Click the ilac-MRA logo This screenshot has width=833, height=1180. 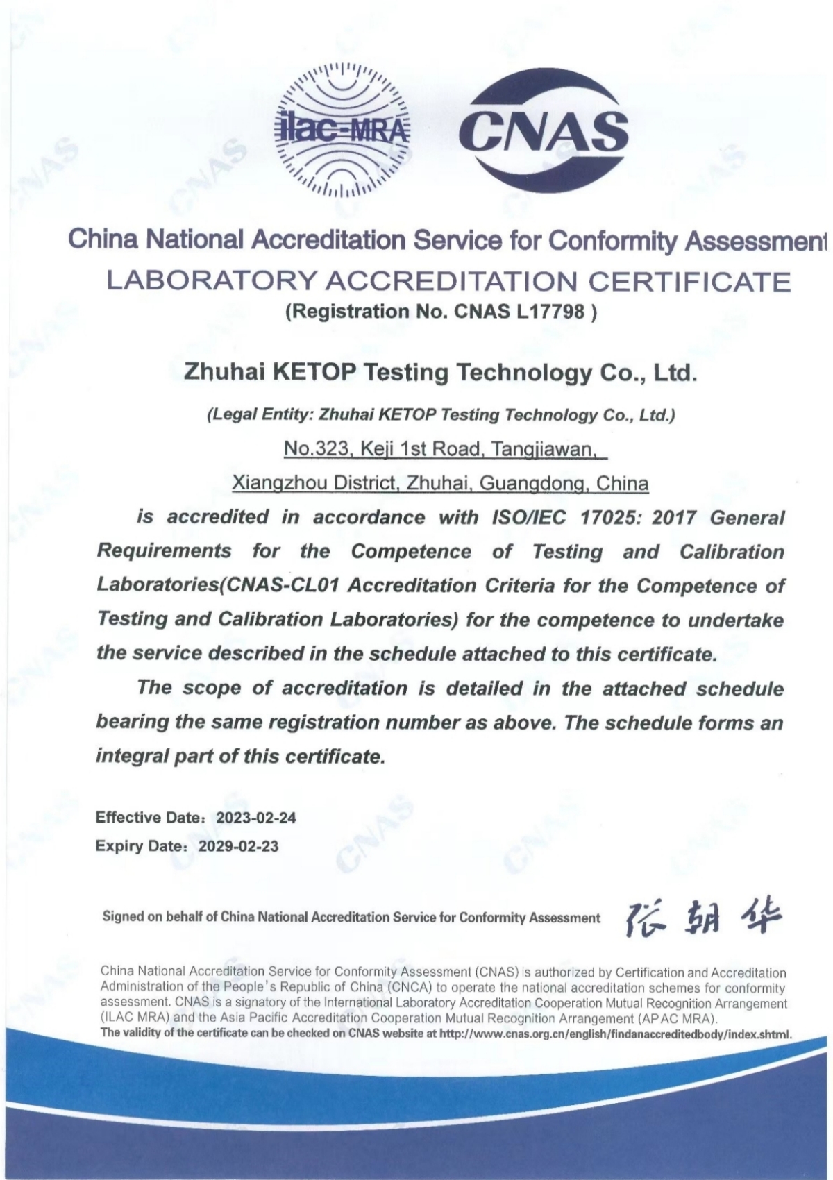pyautogui.click(x=343, y=130)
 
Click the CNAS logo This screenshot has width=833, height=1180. pyautogui.click(x=544, y=130)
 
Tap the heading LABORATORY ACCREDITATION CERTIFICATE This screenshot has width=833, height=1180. pyautogui.click(x=448, y=282)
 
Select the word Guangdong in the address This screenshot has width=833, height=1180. pyautogui.click(x=533, y=483)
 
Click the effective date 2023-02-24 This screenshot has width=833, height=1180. pyautogui.click(x=256, y=818)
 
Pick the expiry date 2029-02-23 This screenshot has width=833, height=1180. pyautogui.click(x=238, y=846)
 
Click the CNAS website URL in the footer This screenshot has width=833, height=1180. pyautogui.click(x=616, y=1034)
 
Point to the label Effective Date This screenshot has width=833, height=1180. pyautogui.click(x=148, y=818)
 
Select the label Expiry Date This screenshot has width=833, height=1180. pyautogui.click(x=139, y=846)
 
